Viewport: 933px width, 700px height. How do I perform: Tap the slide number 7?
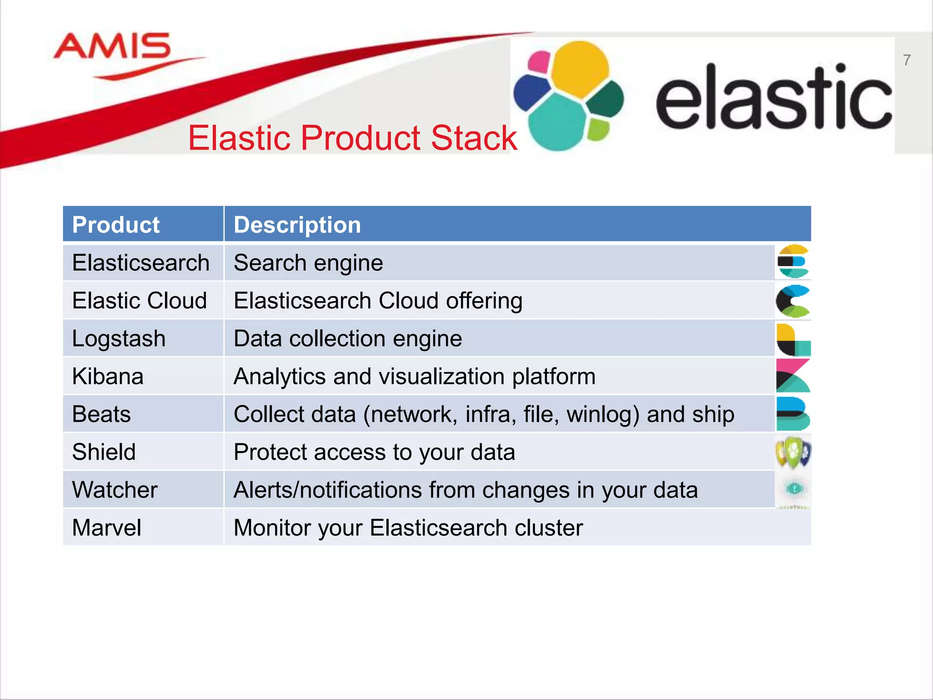pos(907,60)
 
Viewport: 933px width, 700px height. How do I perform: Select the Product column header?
pos(116,225)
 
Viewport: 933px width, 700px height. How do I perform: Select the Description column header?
pos(297,225)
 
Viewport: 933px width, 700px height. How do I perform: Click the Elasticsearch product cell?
pos(140,263)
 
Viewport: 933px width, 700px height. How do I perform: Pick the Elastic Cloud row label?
pos(139,301)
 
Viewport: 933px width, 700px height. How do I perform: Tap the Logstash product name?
pos(118,339)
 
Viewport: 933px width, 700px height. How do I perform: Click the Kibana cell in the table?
pos(108,376)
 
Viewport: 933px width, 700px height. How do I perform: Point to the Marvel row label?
pos(107,528)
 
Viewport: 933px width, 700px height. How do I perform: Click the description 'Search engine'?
pos(308,263)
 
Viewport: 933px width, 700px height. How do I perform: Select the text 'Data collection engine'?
pos(348,339)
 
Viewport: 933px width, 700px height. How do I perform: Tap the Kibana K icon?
pos(793,376)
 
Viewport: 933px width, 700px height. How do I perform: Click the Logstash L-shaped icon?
pos(793,340)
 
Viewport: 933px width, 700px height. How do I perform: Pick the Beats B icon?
pos(793,414)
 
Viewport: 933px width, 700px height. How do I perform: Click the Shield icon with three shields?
pos(793,452)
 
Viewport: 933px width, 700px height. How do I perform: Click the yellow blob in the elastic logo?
pos(579,68)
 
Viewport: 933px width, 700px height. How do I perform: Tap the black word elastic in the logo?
pos(774,98)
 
